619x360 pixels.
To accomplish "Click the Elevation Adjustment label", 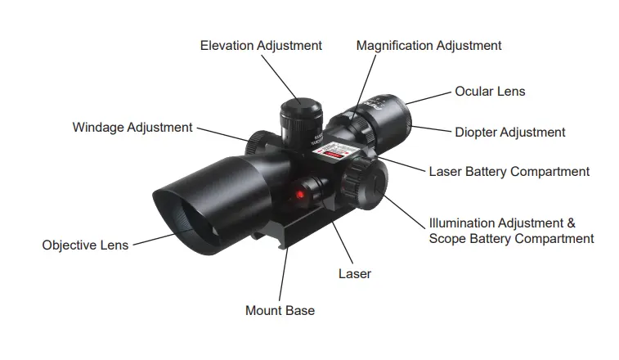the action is tap(261, 46).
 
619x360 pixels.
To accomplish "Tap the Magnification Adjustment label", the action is tap(428, 46).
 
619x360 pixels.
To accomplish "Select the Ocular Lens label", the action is tap(490, 92).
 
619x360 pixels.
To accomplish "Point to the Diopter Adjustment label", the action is tap(510, 132).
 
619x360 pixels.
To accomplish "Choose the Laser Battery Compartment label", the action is tap(509, 172).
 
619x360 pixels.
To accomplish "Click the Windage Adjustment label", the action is tap(132, 128).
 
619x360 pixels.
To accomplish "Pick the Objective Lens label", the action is tap(85, 245).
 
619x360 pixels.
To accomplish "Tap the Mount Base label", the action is tap(280, 311).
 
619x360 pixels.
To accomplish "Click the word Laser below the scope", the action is tap(355, 274).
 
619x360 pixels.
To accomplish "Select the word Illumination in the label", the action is tap(463, 223).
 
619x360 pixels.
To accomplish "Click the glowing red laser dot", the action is tap(300, 194).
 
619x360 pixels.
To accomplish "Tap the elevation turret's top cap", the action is tap(301, 106).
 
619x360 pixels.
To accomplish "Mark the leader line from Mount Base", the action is tap(284, 273).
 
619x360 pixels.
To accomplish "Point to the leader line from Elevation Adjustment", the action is tap(281, 79).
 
